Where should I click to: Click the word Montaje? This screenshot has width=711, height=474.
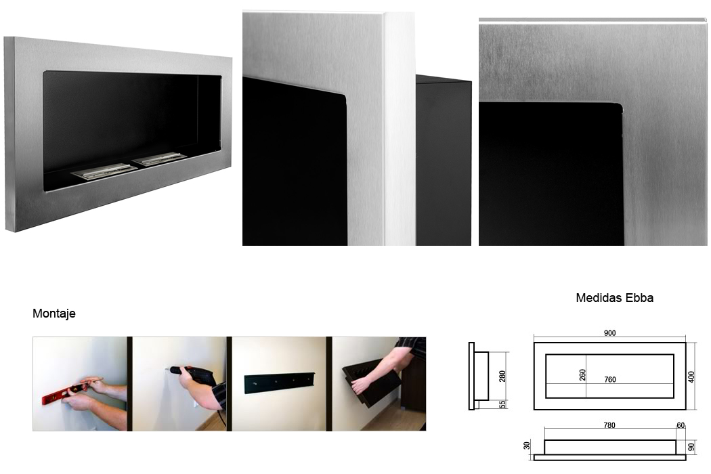click(54, 314)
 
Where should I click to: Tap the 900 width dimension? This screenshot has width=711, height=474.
click(609, 333)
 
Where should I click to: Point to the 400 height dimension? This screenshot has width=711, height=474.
click(691, 376)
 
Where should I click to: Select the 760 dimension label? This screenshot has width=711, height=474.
click(610, 380)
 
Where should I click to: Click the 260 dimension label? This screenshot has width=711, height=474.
click(582, 374)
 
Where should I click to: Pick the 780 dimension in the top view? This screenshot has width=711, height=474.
click(609, 425)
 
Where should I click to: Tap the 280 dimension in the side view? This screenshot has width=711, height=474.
click(502, 376)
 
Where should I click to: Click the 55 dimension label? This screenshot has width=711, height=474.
click(502, 404)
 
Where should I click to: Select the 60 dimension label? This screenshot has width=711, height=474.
click(681, 425)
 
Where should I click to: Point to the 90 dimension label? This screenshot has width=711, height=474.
click(691, 447)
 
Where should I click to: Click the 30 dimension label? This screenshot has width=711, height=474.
click(526, 446)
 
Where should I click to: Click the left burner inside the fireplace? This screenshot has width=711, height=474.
click(104, 171)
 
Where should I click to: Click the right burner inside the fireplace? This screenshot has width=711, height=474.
click(158, 158)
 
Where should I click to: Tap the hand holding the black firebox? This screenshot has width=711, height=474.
click(360, 385)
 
